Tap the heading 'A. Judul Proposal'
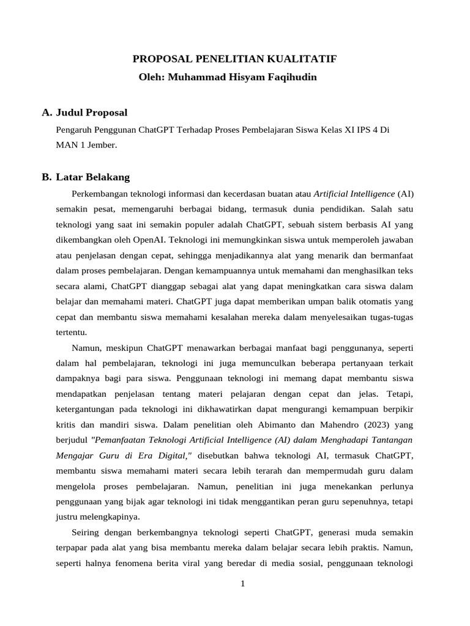point(84,112)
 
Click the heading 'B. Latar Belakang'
point(86,177)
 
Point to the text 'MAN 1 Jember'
point(85,145)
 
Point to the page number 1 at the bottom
point(242,584)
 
